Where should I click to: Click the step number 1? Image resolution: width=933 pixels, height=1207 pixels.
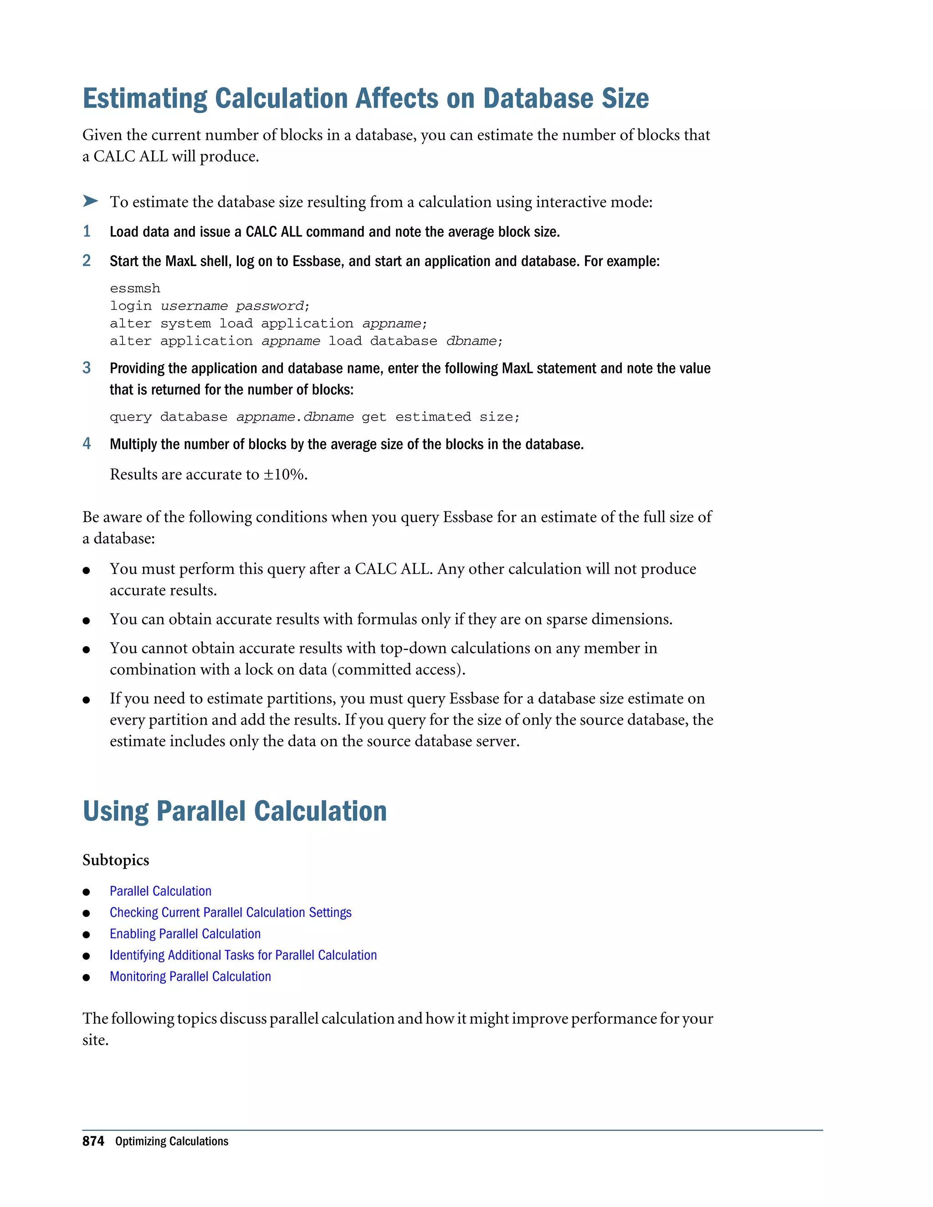point(87,231)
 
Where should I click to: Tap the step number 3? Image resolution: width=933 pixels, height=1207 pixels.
point(87,368)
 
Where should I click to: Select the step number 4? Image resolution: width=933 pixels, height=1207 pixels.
point(87,443)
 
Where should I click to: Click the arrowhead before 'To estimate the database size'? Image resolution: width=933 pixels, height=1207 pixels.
point(90,200)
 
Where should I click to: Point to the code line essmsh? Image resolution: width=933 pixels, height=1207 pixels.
point(135,288)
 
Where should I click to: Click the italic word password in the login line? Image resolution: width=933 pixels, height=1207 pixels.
point(270,306)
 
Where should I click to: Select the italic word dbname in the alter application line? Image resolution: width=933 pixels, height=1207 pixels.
point(471,341)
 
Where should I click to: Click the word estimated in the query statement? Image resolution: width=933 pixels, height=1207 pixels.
point(433,417)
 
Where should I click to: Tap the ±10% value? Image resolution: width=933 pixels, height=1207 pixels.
point(284,474)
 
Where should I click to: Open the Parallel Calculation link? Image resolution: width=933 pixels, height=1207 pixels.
point(160,891)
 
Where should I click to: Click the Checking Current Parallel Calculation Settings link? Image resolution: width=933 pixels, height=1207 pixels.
point(231,912)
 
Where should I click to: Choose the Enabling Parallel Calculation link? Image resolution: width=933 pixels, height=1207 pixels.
point(185,933)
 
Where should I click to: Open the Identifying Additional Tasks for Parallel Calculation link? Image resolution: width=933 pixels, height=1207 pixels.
point(243,955)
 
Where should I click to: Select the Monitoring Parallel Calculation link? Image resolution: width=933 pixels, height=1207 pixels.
point(190,977)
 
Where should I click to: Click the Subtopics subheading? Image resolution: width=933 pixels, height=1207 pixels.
point(116,860)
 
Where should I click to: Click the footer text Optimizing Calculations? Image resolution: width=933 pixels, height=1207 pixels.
point(171,1141)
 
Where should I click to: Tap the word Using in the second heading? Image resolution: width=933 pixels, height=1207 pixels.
point(115,811)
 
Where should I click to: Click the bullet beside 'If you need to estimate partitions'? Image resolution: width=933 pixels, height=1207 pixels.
point(86,700)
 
